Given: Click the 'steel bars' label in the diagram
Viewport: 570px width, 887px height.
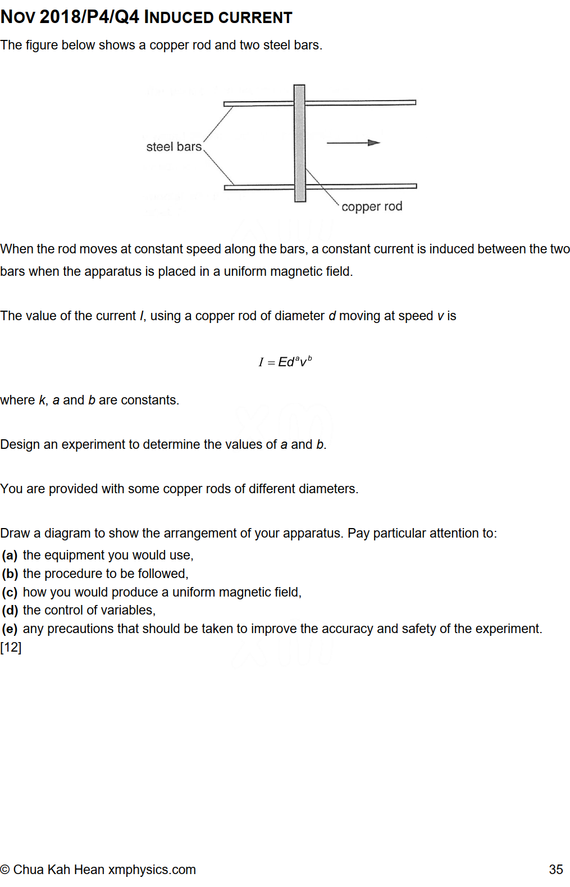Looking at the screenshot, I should pyautogui.click(x=174, y=147).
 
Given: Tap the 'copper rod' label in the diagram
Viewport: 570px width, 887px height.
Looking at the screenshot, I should pyautogui.click(x=372, y=207).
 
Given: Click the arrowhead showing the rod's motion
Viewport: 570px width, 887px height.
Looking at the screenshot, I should pyautogui.click(x=374, y=143).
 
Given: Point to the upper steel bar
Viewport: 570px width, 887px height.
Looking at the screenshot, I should pyautogui.click(x=359, y=103).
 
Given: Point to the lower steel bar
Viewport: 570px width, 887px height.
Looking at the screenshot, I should pyautogui.click(x=359, y=186).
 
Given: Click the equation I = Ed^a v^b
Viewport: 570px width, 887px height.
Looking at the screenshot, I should pyautogui.click(x=285, y=362).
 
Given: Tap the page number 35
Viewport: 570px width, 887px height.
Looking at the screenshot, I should pyautogui.click(x=555, y=870).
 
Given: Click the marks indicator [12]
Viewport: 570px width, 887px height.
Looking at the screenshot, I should pyautogui.click(x=11, y=647).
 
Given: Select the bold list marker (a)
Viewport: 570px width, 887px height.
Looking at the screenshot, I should pyautogui.click(x=10, y=556).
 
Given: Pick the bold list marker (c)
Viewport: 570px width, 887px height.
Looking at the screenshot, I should pyautogui.click(x=10, y=593).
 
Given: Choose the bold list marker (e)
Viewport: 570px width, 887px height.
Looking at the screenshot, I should pyautogui.click(x=10, y=629).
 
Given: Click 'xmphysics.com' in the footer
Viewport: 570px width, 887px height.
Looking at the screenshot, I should pyautogui.click(x=152, y=870).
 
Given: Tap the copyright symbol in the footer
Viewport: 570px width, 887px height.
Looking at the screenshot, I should pyautogui.click(x=5, y=870).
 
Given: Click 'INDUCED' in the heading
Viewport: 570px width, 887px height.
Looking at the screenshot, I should pyautogui.click(x=179, y=17).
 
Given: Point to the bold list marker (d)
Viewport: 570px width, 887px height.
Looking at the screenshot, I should pyautogui.click(x=10, y=611).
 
